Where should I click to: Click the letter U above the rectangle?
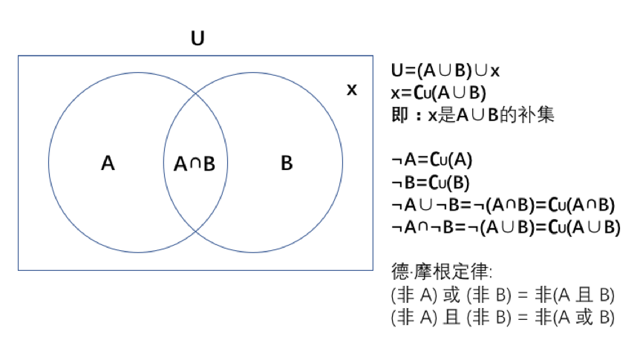coord(197,38)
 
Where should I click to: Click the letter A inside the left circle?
coord(108,163)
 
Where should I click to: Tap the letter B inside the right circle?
coord(287,163)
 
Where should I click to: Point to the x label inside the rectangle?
coord(352,90)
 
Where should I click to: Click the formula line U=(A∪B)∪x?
coord(445,71)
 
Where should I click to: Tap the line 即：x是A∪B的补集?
coord(472,116)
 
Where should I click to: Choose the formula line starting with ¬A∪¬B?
coord(503,205)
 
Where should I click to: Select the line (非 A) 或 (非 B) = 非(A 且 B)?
coord(503,295)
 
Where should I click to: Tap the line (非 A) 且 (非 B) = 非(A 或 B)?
coord(503,317)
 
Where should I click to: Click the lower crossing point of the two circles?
coord(195,231)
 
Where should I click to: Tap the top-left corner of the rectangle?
coord(19,56)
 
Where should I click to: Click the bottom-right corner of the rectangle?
coord(373,270)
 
